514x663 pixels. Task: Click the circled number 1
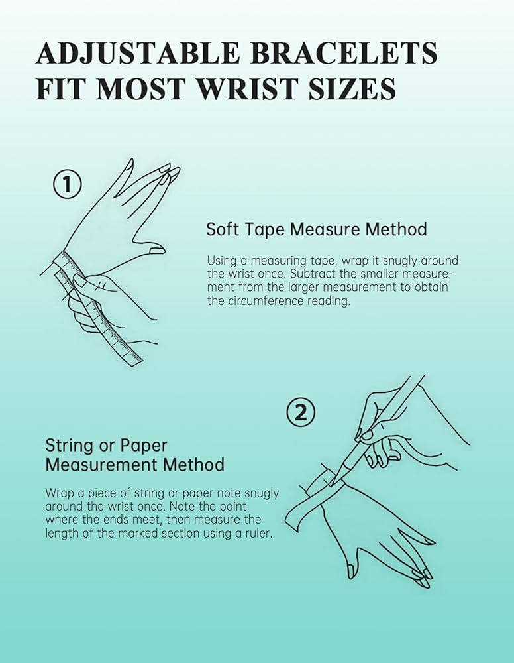coord(67,184)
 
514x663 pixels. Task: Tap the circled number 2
coord(301,412)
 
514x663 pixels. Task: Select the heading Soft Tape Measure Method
coord(317,229)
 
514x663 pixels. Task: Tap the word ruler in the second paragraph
coord(258,533)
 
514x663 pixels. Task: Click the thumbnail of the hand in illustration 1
coord(158,251)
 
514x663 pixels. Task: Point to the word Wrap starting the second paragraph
coord(56,493)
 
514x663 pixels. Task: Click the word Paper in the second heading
coord(144,446)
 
